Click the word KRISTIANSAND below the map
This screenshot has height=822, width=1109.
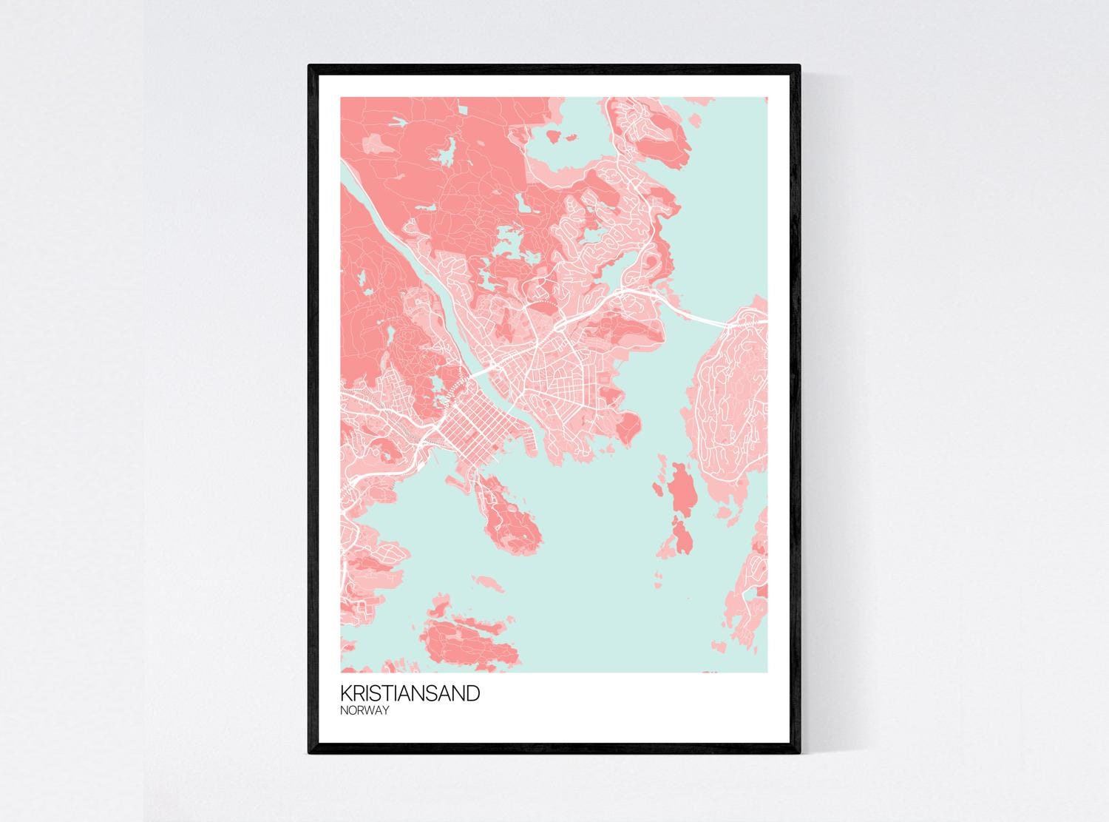(x=410, y=693)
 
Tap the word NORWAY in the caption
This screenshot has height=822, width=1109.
(x=364, y=710)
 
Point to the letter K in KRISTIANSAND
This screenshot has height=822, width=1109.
(x=346, y=693)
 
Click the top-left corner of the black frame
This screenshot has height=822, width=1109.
(x=310, y=67)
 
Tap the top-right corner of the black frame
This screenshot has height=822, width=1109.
(x=800, y=67)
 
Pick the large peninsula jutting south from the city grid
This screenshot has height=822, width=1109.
(x=510, y=511)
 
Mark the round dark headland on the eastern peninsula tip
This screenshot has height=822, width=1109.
(x=628, y=425)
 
